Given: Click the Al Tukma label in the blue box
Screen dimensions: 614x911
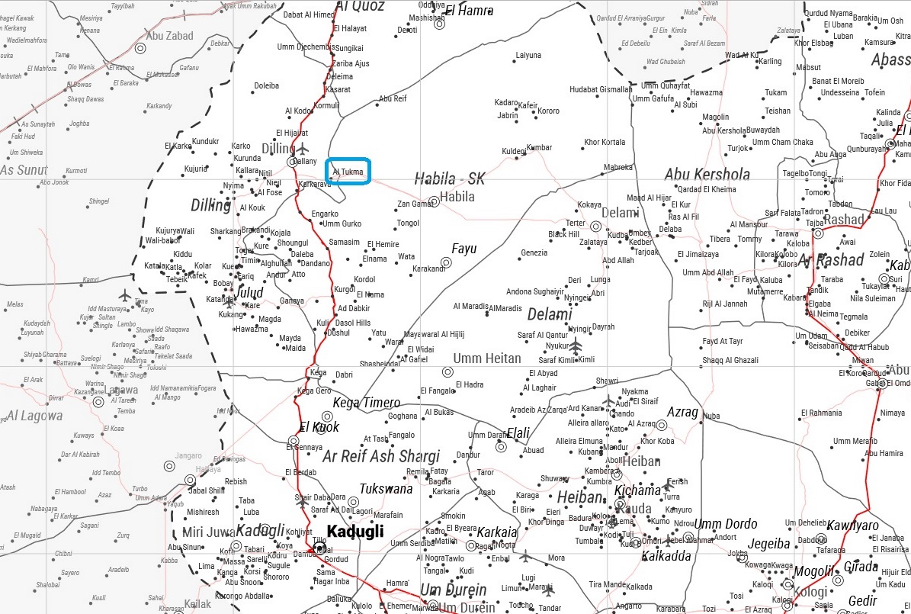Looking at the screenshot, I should tap(348, 172).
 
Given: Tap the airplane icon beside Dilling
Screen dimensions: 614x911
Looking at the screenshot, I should tap(303, 148).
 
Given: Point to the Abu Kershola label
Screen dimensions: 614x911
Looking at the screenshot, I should tap(707, 174).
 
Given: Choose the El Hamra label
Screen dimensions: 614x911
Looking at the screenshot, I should tap(469, 11).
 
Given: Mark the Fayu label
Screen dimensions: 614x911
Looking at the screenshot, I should tap(464, 249).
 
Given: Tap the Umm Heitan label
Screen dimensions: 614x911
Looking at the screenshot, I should tap(487, 358).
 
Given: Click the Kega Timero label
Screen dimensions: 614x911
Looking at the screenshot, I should tap(366, 403).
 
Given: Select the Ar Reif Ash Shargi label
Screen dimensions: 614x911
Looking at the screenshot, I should tap(381, 456).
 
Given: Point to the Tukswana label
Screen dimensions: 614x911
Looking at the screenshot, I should tap(386, 489).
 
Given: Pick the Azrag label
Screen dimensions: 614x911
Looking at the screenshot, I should tap(682, 412).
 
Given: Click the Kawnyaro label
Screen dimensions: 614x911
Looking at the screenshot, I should tap(853, 526).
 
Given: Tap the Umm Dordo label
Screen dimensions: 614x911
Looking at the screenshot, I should tap(726, 524).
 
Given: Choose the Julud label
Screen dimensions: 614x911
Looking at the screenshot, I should tap(249, 293).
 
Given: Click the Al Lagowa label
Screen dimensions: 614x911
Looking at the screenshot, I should tap(34, 416).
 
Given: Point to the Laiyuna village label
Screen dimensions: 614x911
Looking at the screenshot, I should tap(528, 56).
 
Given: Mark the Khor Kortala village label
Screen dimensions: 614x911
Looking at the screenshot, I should tap(605, 142).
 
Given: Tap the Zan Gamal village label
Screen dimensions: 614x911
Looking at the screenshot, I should tap(415, 204).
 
